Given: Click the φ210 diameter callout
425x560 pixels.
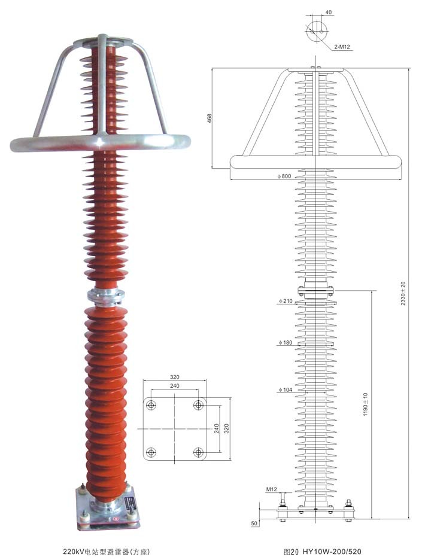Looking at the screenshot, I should pos(285,302).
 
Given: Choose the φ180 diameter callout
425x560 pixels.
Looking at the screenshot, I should pos(285,343).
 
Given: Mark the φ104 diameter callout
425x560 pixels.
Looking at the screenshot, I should pos(285,390).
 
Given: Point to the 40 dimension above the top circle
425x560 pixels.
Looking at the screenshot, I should pos(329,12).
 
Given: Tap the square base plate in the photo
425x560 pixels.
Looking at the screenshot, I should pos(108,509).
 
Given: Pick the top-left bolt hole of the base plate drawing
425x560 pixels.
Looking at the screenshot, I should pos(151,406).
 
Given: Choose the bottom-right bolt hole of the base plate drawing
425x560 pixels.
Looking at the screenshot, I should pos(198,452).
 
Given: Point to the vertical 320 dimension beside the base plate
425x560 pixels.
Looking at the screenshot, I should pos(226,428).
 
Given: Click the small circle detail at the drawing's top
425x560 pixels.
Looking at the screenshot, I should pos(317,31).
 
